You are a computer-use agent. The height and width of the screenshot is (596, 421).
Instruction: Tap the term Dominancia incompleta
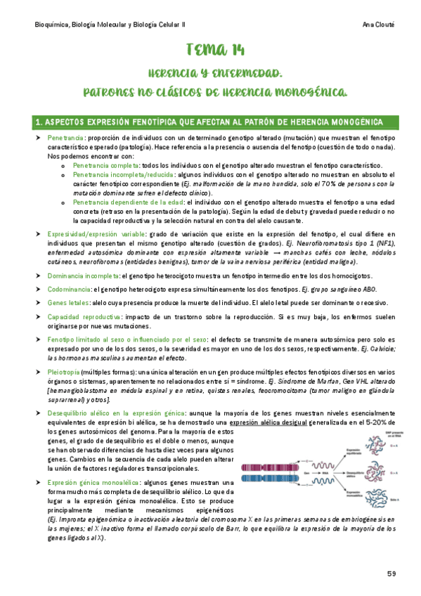[82, 275]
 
